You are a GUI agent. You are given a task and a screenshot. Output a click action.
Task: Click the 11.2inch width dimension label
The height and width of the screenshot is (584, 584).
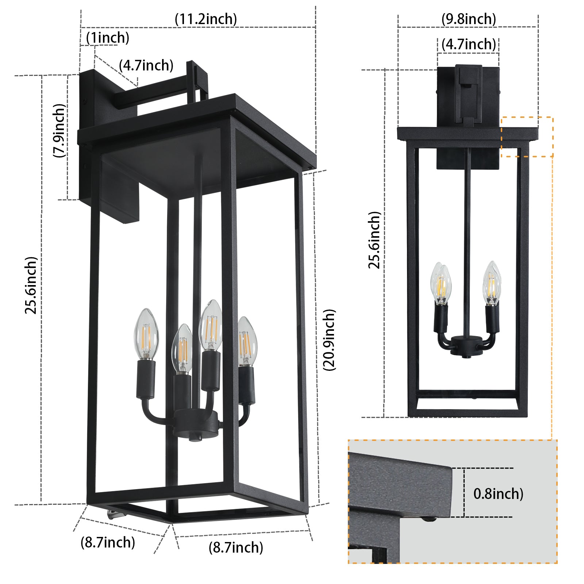pos(205,19)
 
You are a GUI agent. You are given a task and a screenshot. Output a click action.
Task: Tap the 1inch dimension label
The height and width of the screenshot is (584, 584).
pos(108,38)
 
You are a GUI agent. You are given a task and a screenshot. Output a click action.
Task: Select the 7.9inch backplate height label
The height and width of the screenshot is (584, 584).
pos(59,131)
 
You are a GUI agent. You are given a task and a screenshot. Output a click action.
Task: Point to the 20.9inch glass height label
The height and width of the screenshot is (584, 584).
pos(329,340)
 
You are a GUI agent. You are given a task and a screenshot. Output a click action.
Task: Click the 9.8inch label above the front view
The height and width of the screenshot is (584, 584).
pos(469,19)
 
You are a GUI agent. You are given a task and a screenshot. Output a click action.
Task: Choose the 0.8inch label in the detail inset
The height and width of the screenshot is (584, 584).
pos(498,493)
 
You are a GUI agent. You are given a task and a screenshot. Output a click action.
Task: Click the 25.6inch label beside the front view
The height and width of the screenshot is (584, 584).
pos(374,240)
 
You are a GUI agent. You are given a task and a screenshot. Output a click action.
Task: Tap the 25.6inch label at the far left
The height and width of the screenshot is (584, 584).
pos(31,285)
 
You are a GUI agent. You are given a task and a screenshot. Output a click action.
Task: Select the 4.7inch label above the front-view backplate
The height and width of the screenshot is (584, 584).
pos(469,44)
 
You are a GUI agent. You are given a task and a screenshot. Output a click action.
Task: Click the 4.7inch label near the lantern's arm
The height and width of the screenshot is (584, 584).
pos(146,65)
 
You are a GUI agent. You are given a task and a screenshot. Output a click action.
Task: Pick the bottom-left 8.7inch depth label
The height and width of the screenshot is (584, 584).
pos(108,542)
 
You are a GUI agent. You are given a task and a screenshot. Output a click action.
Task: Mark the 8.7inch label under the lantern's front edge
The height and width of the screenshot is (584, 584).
pos(236,547)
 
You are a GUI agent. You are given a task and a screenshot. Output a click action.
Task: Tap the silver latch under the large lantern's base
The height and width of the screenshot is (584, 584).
pos(114,515)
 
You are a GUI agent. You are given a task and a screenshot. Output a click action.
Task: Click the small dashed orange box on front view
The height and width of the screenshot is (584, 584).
pos(527,137)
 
